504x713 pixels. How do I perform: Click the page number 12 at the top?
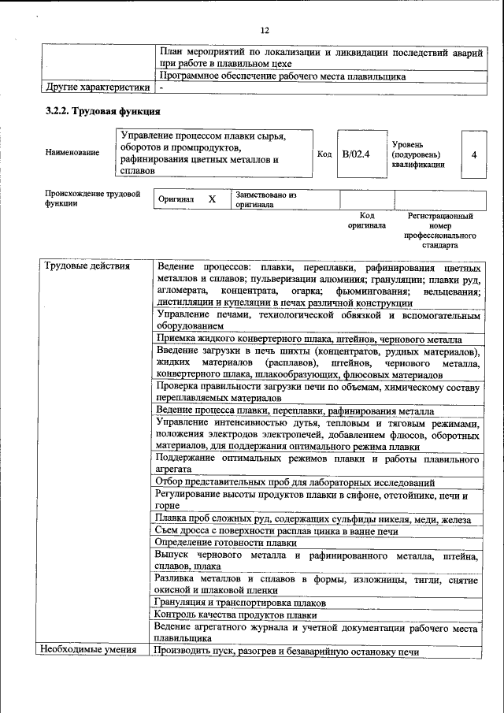[x=264, y=30]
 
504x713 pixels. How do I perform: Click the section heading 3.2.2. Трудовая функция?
[x=98, y=111]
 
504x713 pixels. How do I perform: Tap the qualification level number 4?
[x=473, y=154]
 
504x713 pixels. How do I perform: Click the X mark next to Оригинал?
[x=211, y=199]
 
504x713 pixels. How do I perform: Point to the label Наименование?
[x=72, y=152]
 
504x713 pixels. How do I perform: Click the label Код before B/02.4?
[x=324, y=154]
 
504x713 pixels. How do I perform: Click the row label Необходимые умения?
[x=90, y=650]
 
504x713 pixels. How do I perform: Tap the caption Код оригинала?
[x=367, y=220]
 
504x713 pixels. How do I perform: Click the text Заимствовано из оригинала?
[x=265, y=199]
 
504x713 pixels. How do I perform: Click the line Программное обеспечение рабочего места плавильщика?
[x=282, y=76]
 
